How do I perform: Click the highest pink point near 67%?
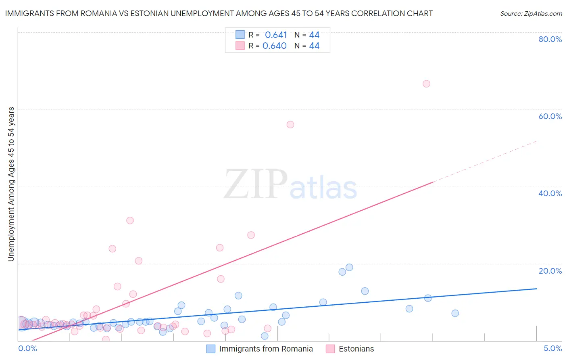(x=426, y=84)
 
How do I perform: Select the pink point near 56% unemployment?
(x=290, y=125)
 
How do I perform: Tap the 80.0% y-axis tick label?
(x=550, y=39)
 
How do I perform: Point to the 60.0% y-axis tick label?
(x=550, y=116)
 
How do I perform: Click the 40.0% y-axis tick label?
(x=550, y=193)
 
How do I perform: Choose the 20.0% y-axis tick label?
(x=550, y=271)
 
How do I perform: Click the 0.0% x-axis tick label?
(x=28, y=349)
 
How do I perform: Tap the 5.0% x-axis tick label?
(x=552, y=349)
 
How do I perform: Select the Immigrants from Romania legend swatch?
(x=211, y=349)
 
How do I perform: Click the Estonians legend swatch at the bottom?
(x=330, y=349)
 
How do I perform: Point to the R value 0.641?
(x=276, y=35)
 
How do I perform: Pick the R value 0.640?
(x=275, y=46)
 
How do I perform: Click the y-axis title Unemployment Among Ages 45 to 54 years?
(x=11, y=184)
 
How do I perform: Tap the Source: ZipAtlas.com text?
(x=531, y=14)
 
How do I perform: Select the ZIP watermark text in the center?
(x=256, y=185)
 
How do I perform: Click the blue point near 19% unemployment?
(x=349, y=268)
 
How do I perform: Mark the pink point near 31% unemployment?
(x=130, y=220)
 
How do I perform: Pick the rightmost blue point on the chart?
(x=455, y=313)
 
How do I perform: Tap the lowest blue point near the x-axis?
(x=265, y=336)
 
